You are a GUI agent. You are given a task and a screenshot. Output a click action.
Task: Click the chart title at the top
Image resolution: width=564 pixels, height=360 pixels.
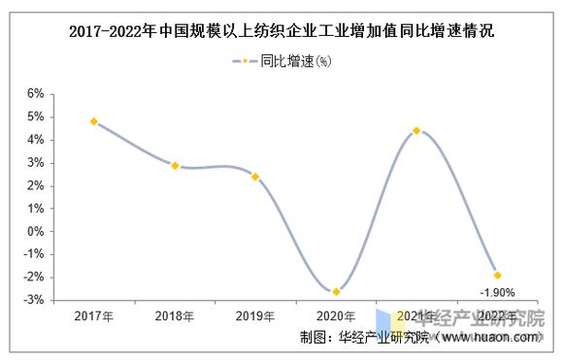coord(282,30)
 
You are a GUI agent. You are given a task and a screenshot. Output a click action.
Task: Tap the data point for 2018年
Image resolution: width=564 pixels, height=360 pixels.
coord(175,166)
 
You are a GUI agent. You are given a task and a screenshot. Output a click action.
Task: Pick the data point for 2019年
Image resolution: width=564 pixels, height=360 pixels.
coord(255,177)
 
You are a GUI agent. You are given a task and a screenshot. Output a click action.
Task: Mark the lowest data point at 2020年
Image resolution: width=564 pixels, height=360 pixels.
coord(336,291)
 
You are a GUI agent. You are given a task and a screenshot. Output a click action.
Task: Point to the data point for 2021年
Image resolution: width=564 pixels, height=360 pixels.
coord(416,130)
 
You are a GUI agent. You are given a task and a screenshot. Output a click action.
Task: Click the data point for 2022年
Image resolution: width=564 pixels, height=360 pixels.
coord(497,276)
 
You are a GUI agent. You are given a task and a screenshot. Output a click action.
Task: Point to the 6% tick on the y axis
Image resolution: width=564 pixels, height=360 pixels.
coord(36,94)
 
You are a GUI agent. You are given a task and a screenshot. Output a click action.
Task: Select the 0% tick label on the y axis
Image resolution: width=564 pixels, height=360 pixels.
coord(36,232)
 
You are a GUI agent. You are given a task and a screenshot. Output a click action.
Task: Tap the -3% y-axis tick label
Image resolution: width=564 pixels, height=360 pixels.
coord(34,301)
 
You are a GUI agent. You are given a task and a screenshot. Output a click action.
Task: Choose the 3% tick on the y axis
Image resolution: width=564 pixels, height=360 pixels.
coord(36,163)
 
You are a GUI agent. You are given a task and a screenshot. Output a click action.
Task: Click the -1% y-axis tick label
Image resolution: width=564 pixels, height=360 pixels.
coord(34,255)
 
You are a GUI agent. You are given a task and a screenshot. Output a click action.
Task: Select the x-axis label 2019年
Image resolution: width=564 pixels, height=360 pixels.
coord(255,316)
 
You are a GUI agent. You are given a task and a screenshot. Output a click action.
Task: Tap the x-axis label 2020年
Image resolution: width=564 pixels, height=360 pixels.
coord(336,316)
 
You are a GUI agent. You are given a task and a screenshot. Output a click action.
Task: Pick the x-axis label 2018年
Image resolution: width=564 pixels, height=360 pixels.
coord(175,316)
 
